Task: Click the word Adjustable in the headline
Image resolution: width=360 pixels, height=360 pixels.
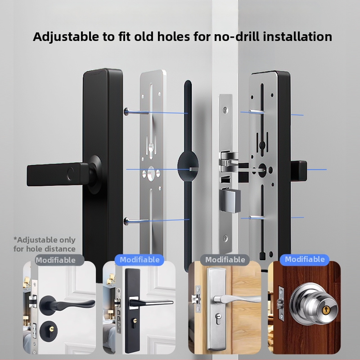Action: [66, 37]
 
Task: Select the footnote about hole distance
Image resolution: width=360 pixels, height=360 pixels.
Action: [45, 244]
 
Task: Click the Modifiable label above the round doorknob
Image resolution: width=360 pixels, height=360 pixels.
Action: [305, 260]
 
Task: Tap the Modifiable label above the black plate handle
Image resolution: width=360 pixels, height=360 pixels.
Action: [139, 260]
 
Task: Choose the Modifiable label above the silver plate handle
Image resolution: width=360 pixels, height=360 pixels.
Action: [225, 260]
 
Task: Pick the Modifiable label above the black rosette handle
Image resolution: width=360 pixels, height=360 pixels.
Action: [55, 260]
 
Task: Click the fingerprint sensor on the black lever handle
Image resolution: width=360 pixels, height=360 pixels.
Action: [70, 174]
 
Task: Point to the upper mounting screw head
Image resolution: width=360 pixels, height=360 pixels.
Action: [126, 112]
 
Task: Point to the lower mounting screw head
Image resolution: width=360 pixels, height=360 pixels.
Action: [126, 221]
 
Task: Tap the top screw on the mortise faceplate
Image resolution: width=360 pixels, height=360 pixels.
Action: [226, 110]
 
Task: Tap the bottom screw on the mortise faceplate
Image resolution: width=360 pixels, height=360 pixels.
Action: [225, 238]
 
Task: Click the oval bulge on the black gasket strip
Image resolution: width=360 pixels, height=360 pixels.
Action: [188, 166]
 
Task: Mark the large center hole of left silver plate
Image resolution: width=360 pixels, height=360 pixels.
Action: [151, 173]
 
